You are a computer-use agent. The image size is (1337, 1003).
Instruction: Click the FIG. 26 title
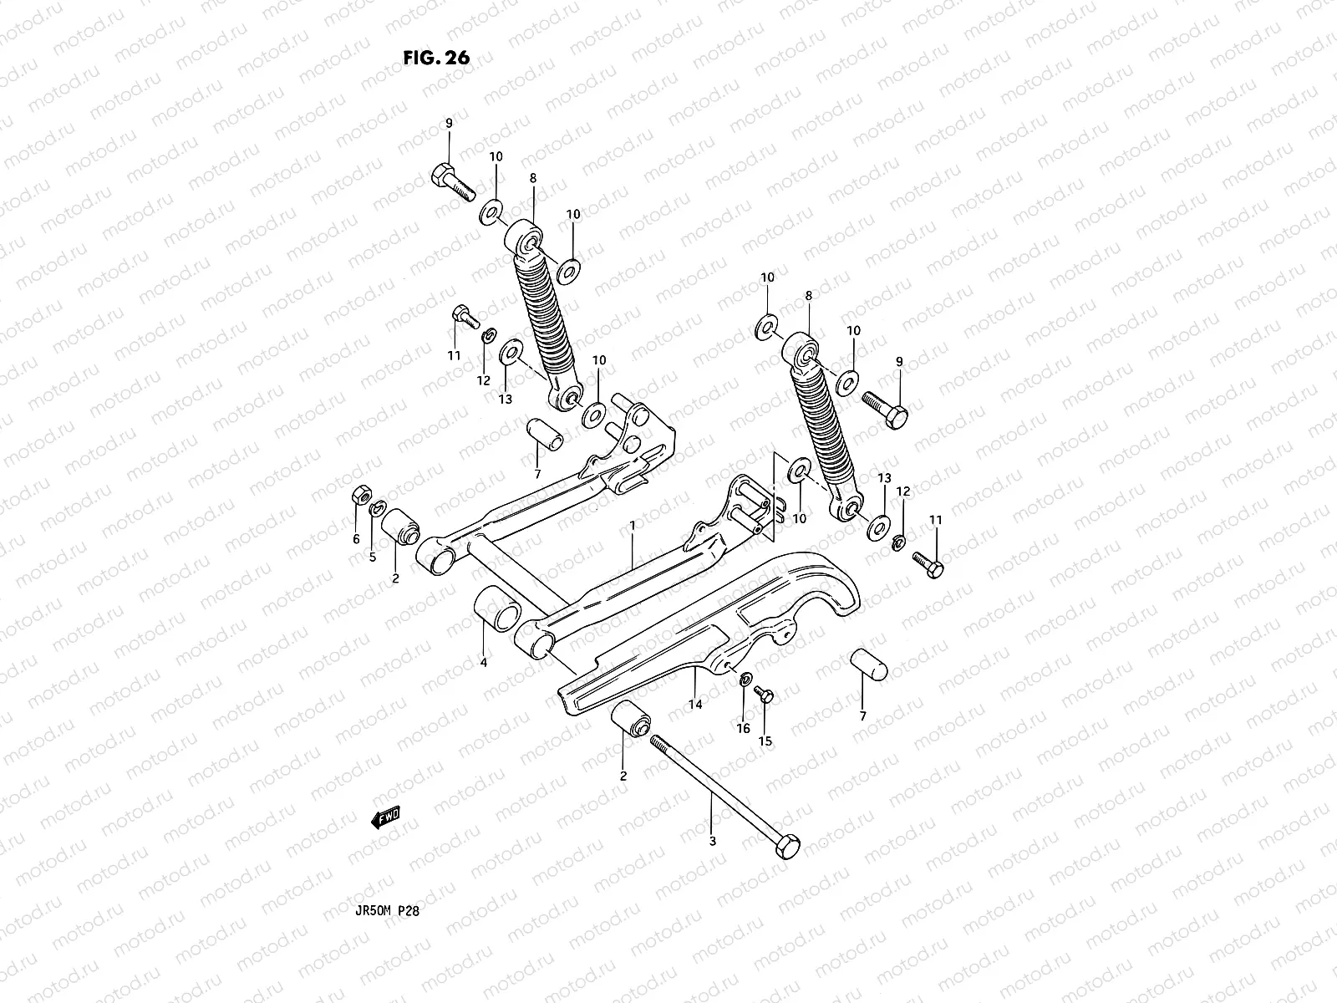click(x=436, y=58)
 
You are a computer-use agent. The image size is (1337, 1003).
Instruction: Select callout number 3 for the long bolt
click(x=712, y=842)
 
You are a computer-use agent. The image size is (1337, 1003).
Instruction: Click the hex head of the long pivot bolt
click(x=786, y=845)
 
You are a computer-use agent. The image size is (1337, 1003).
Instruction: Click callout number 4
click(x=483, y=662)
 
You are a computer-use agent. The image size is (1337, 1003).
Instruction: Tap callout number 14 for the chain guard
click(x=695, y=705)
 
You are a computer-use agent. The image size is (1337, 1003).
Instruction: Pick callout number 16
click(x=743, y=729)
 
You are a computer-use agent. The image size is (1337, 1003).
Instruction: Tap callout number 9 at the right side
click(x=899, y=362)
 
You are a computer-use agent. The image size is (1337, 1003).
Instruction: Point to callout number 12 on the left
click(x=484, y=380)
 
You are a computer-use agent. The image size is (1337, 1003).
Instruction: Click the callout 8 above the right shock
click(x=808, y=296)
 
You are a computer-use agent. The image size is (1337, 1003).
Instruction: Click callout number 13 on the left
click(x=505, y=400)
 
